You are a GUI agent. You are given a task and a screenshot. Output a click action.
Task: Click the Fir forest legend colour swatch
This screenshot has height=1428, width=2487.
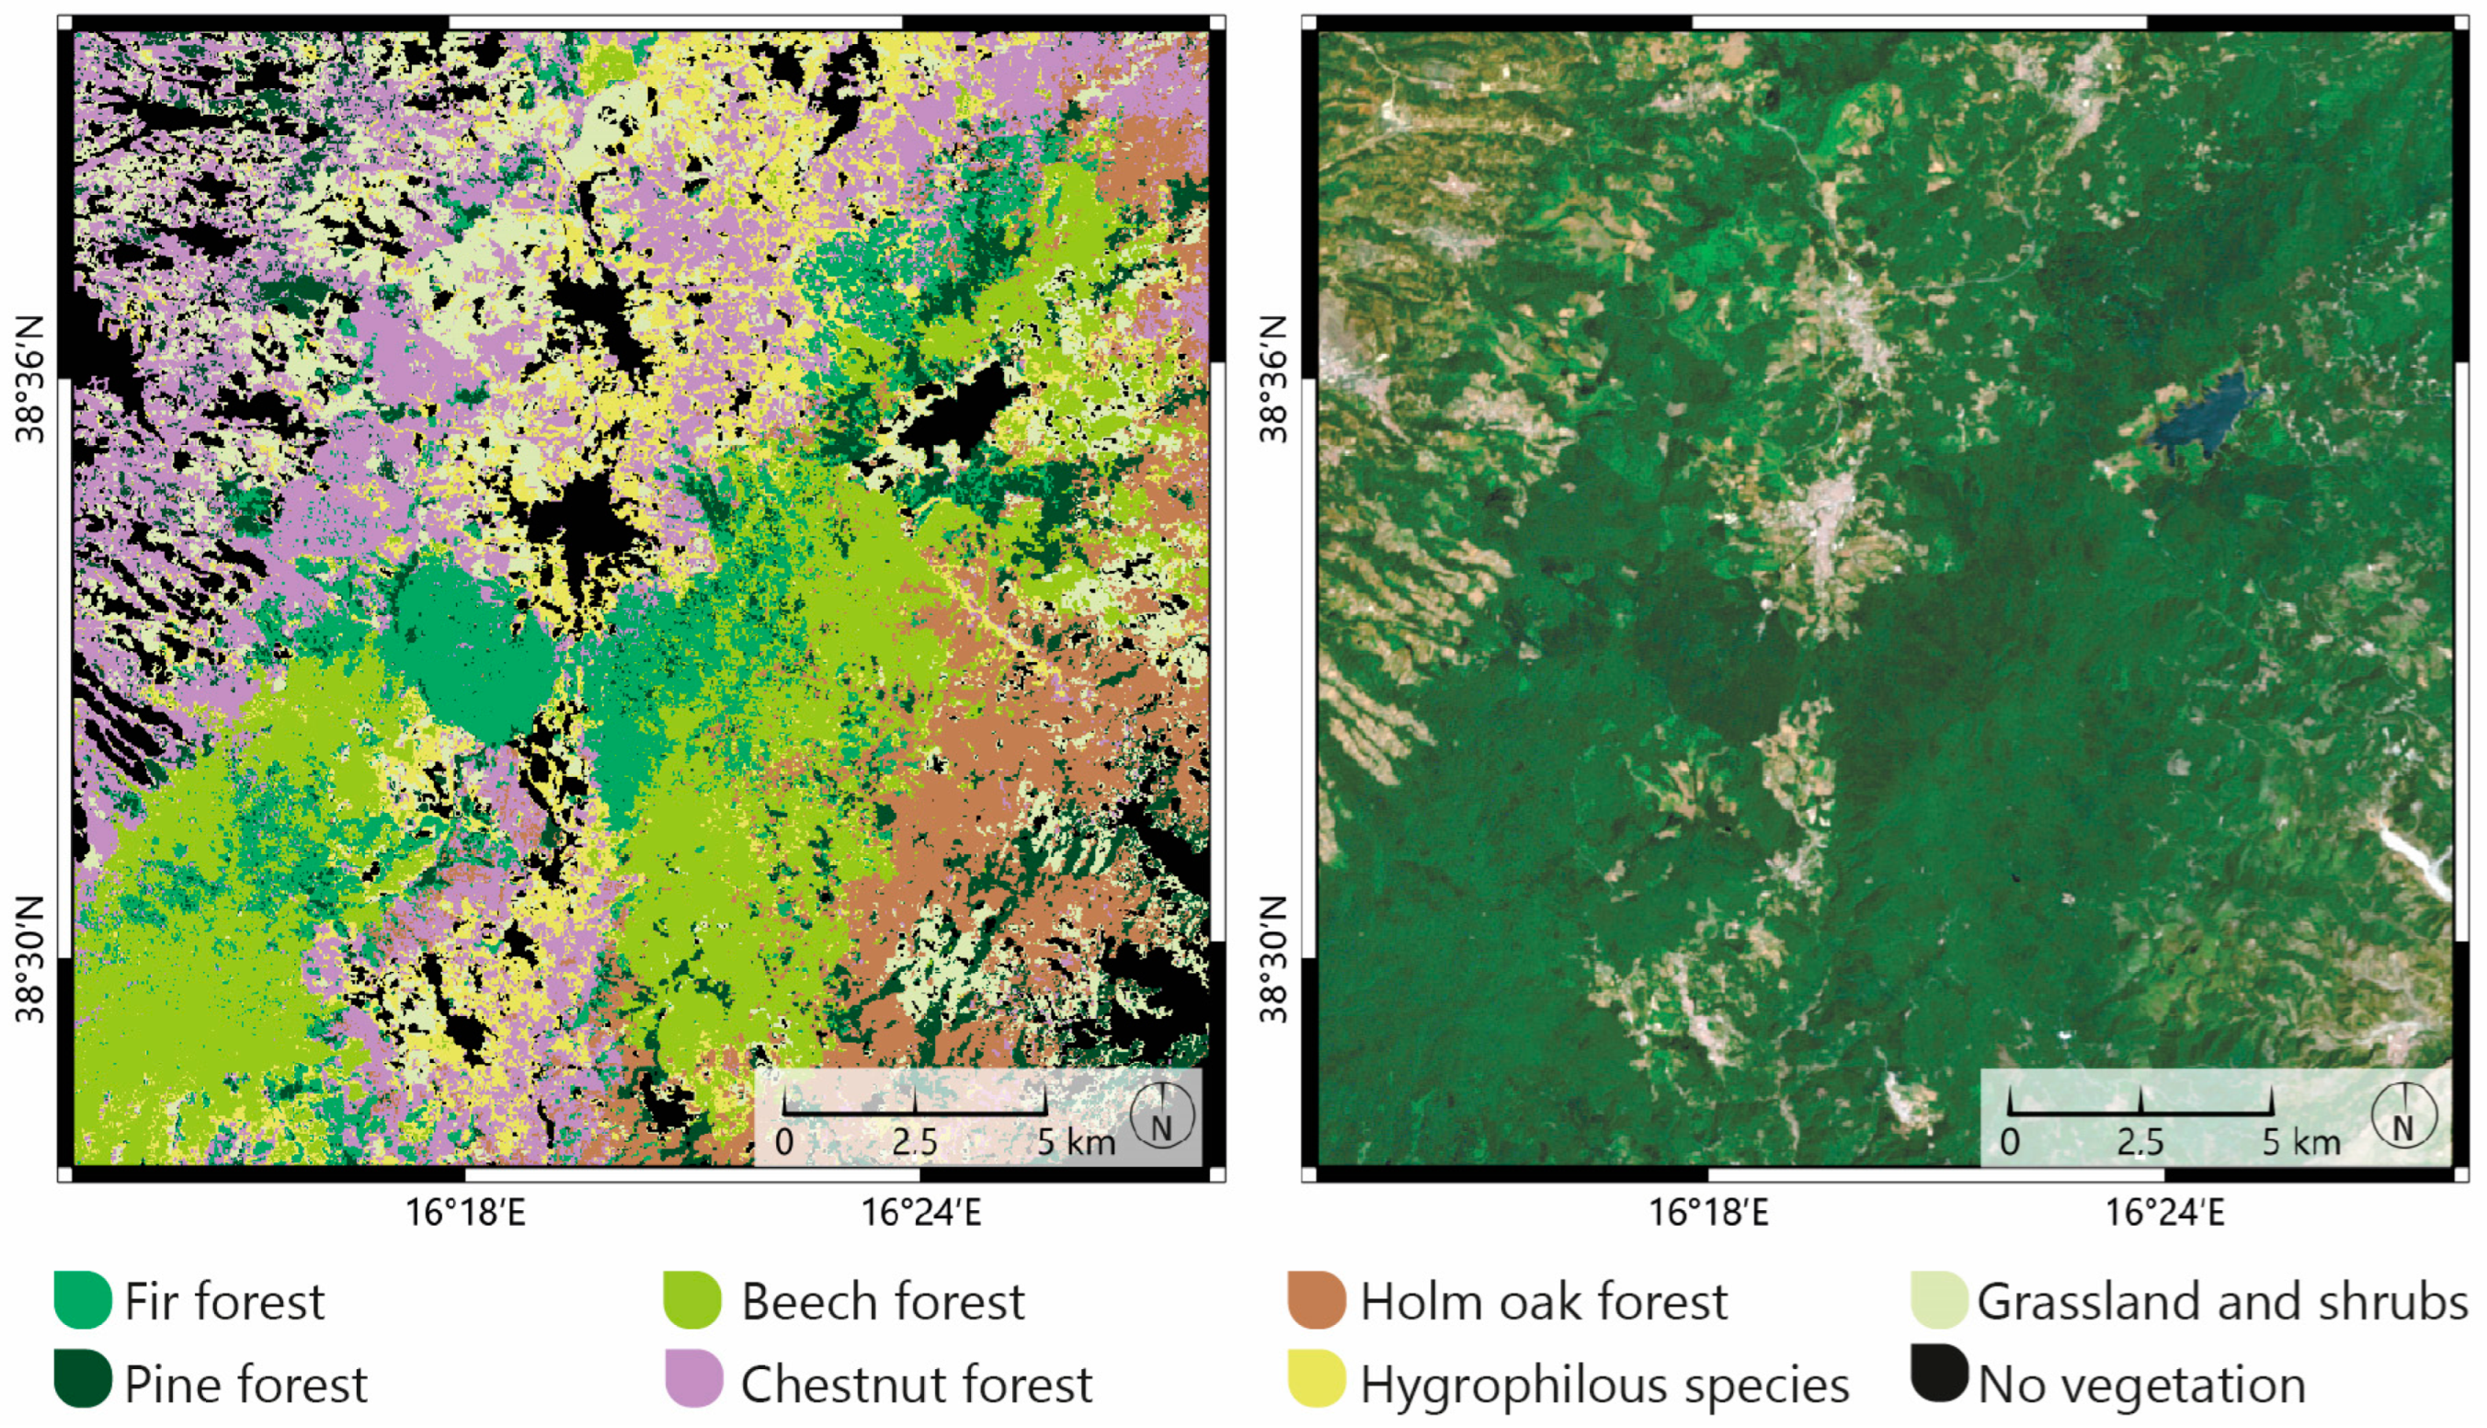pos(83,1300)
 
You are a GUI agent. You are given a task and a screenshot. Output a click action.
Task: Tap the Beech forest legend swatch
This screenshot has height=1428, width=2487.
pos(692,1300)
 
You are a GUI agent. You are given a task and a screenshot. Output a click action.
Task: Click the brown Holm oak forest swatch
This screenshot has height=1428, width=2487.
pos(1316,1300)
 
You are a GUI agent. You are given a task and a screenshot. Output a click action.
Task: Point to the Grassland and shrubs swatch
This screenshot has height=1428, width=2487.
pos(1939,1300)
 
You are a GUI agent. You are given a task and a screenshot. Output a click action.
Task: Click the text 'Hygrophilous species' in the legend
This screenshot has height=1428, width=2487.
pos(1604,1385)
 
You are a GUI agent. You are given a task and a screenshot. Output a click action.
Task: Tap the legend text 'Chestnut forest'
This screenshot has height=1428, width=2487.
pos(916,1385)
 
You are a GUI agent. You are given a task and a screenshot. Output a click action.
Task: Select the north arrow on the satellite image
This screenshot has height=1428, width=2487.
pos(2403,1116)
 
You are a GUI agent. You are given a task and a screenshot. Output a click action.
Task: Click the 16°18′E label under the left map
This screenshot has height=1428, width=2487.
pos(466,1213)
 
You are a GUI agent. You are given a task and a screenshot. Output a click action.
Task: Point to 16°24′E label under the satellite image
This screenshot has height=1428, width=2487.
pos(2165,1213)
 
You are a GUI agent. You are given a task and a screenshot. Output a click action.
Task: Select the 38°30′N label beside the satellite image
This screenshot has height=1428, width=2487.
pos(1272,959)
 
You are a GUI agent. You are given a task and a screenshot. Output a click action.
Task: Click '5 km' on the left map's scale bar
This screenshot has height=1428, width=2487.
pos(1077,1143)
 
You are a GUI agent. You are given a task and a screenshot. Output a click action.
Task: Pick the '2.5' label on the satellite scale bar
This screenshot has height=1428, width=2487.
pos(2139,1143)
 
